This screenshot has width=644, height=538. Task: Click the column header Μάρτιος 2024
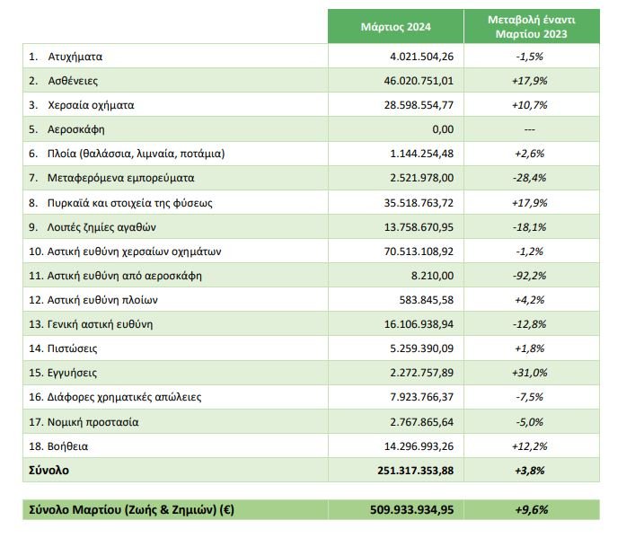coord(394,27)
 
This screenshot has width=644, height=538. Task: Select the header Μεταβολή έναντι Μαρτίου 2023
coord(531,27)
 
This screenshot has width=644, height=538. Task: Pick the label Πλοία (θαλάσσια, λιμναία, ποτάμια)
coord(135,154)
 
